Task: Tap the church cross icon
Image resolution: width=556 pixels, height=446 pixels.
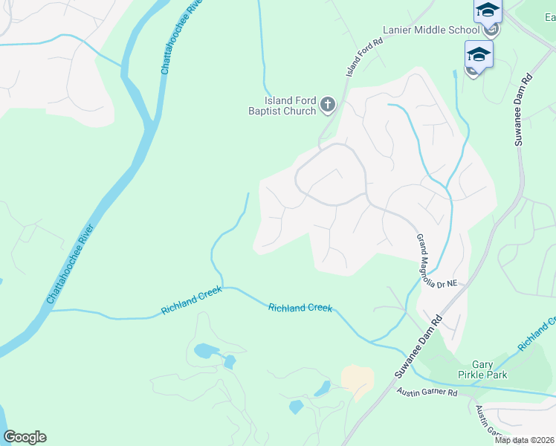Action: point(328,106)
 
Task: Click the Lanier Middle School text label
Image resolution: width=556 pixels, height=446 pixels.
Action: point(431,30)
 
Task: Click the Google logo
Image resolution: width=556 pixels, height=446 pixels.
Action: point(25,437)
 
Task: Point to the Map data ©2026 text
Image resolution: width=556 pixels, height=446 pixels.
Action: point(524,440)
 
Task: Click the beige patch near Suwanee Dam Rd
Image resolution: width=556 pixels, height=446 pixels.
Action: point(358,378)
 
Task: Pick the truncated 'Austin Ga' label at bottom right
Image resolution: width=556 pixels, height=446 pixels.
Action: point(491,424)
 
